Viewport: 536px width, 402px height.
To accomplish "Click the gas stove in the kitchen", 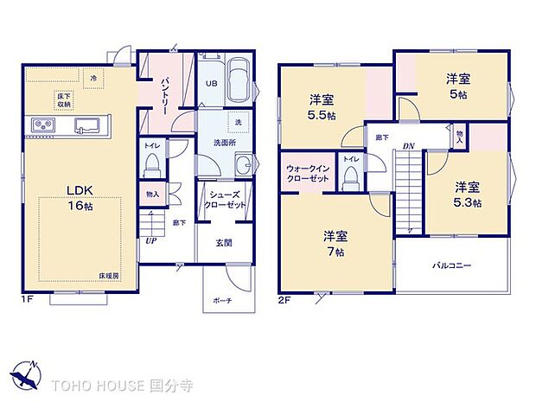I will (43, 126).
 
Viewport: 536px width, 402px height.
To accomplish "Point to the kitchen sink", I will (89, 124).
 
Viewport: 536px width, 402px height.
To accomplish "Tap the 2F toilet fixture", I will (351, 176).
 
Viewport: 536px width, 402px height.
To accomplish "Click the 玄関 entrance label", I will (223, 243).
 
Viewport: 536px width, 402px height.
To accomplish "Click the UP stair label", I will (150, 240).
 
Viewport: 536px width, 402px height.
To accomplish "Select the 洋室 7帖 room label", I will (336, 243).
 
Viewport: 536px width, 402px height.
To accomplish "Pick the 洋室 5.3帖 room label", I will (468, 195).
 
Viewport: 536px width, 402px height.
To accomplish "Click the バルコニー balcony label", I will (452, 265).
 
